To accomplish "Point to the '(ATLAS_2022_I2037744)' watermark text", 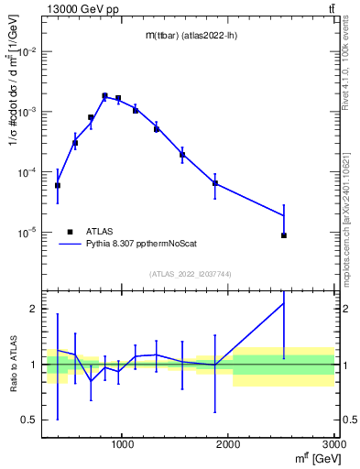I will [x=191, y=274].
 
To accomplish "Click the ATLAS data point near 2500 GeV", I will [x=284, y=235].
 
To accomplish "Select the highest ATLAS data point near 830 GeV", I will [x=105, y=95].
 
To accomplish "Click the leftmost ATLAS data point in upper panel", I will [x=58, y=185].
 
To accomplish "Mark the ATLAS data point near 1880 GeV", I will [x=215, y=183].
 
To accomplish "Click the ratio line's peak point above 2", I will [x=284, y=303].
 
